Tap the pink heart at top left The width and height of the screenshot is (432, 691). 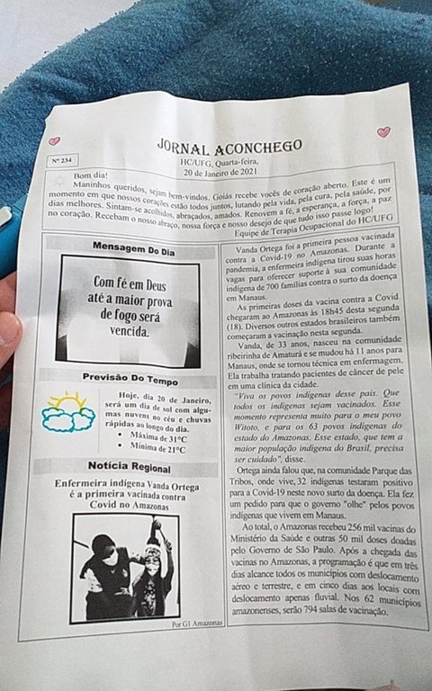pyautogui.click(x=54, y=141)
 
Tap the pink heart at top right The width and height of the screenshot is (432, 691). pyautogui.click(x=384, y=132)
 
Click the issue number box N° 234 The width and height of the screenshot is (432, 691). pyautogui.click(x=62, y=160)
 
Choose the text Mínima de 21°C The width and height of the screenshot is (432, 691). pyautogui.click(x=157, y=449)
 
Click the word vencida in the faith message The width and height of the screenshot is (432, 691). pyautogui.click(x=131, y=331)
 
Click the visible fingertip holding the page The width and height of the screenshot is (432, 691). pyautogui.click(x=8, y=329)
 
